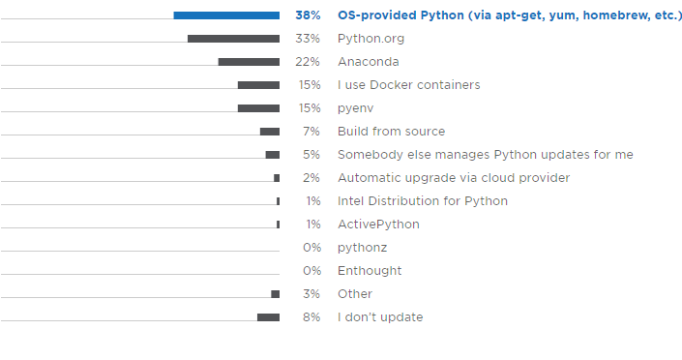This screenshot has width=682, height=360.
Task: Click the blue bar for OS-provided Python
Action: (x=226, y=15)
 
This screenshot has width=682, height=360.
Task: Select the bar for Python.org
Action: (x=233, y=39)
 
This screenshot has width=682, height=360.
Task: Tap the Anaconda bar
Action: (x=249, y=62)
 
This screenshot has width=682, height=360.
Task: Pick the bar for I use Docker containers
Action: (x=258, y=85)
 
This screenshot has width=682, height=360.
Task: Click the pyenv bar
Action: (x=258, y=108)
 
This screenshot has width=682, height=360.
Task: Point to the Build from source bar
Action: (x=270, y=132)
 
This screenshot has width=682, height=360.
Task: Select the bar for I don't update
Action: (x=268, y=317)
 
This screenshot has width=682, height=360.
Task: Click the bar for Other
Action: (x=276, y=294)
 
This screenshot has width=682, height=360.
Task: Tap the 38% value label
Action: (x=308, y=15)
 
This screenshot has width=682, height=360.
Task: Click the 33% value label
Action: (x=308, y=39)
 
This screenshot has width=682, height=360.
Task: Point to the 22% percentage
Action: (x=308, y=62)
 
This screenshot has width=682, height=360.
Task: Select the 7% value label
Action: (x=311, y=132)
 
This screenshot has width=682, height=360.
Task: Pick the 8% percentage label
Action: (x=311, y=317)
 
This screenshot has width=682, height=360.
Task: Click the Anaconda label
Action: (x=368, y=62)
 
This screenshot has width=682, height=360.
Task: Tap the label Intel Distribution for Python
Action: (x=422, y=201)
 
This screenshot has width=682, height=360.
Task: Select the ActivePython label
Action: (x=378, y=225)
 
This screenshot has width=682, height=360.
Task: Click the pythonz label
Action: (x=362, y=248)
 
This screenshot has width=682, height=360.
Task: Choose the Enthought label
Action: (x=370, y=271)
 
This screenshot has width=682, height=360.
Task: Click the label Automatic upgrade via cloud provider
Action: (x=453, y=178)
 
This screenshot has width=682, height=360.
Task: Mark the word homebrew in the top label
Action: (x=608, y=15)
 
